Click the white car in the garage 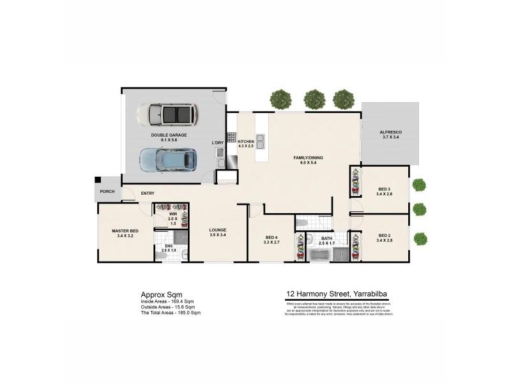[167, 115]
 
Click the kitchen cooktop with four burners [231, 137]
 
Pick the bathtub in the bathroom [317, 255]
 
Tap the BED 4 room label [271, 240]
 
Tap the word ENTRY [148, 193]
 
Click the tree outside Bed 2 [420, 238]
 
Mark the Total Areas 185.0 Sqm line [171, 313]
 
